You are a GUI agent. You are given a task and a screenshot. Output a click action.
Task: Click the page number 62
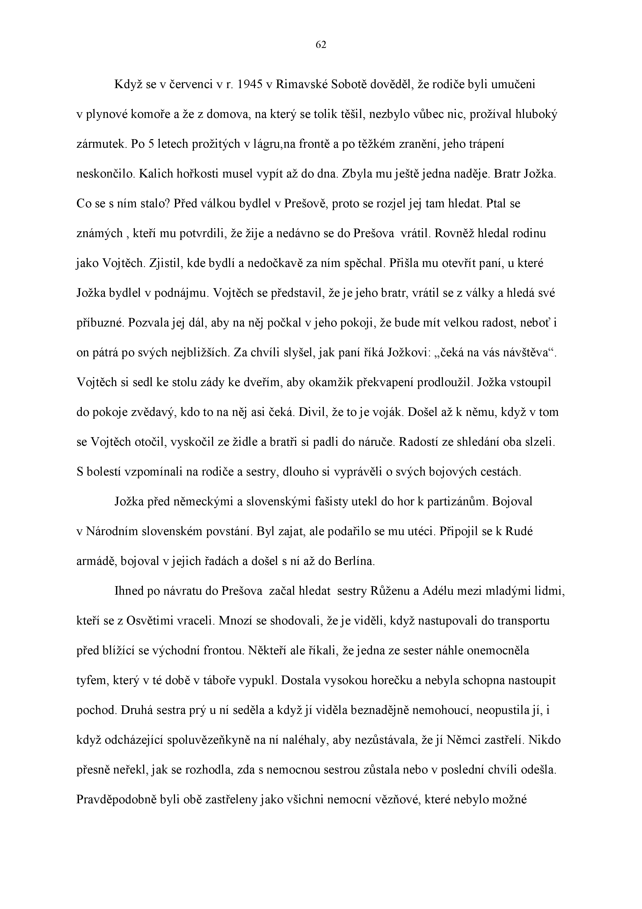tap(321, 45)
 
